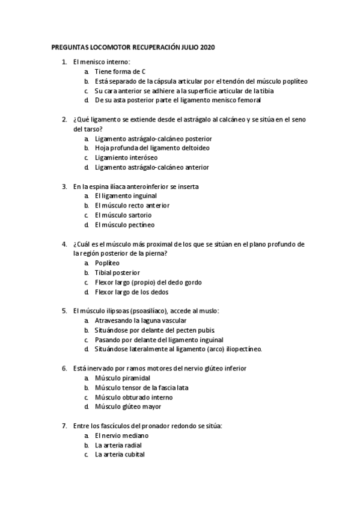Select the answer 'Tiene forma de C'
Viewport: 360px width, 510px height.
(x=120, y=71)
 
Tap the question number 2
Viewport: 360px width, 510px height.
(x=64, y=119)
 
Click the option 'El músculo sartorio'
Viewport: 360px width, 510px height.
(x=123, y=215)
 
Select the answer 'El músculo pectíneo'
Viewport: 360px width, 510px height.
(x=124, y=225)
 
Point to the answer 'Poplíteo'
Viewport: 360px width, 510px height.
(x=107, y=263)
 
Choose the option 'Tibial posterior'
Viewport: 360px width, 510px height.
(x=117, y=272)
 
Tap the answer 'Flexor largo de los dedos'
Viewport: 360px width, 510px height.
(x=132, y=292)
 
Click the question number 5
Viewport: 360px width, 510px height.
(x=64, y=311)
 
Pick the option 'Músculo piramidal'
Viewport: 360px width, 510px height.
(x=122, y=378)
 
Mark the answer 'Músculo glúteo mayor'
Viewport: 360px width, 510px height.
(x=127, y=407)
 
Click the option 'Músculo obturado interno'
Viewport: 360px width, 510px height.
(x=133, y=397)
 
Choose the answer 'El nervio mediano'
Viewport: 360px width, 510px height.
(x=121, y=435)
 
